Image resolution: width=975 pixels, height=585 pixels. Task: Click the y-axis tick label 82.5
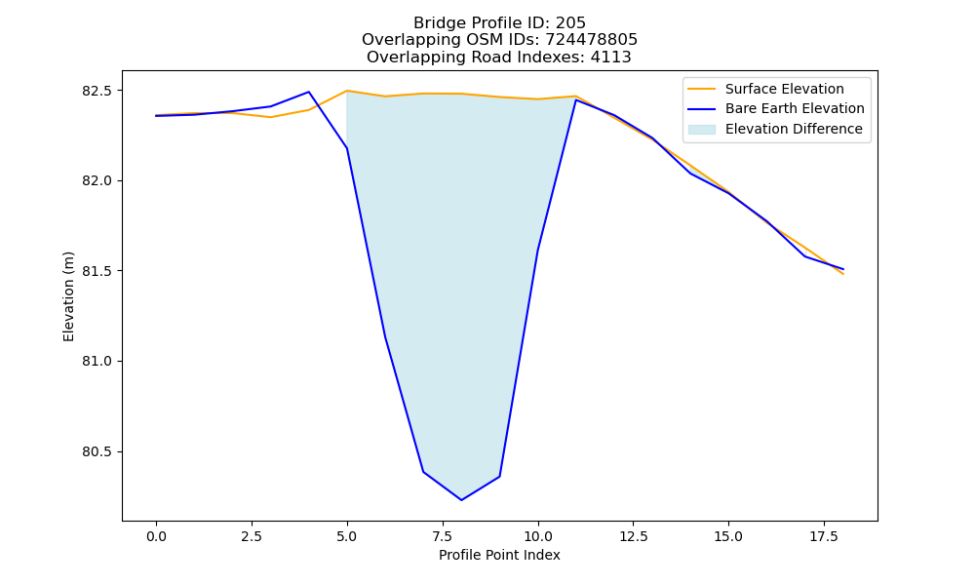(x=97, y=91)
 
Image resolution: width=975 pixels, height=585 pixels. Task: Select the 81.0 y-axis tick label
(x=97, y=362)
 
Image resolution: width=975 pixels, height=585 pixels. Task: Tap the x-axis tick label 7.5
(x=442, y=536)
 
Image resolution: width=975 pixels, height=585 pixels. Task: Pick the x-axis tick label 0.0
(x=156, y=536)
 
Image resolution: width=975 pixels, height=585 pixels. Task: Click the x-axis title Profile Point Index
(x=499, y=555)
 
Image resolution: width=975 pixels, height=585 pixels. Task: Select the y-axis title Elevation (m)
(x=68, y=296)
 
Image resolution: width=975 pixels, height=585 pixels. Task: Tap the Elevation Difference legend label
(x=794, y=130)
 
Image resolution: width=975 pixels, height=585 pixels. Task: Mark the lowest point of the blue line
(x=461, y=500)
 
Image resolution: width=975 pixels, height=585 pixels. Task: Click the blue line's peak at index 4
(x=308, y=92)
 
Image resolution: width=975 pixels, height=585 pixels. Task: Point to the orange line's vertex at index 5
(x=346, y=91)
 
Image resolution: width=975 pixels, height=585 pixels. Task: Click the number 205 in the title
(x=570, y=23)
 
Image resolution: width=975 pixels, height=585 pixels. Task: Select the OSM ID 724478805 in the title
(x=592, y=40)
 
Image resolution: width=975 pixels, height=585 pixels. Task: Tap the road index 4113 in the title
(x=610, y=58)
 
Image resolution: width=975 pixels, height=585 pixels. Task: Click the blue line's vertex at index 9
(x=499, y=477)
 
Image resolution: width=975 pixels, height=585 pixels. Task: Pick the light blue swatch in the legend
(x=701, y=130)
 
